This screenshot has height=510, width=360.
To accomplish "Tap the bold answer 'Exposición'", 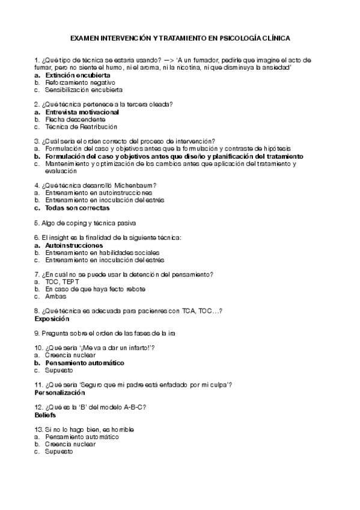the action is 52,319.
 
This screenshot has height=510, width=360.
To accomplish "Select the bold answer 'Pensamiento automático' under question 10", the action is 84,363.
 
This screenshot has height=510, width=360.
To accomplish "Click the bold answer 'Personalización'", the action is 60,393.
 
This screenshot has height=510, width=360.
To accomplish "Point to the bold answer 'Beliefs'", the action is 45,415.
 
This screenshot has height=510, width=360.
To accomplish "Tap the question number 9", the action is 37,333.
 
